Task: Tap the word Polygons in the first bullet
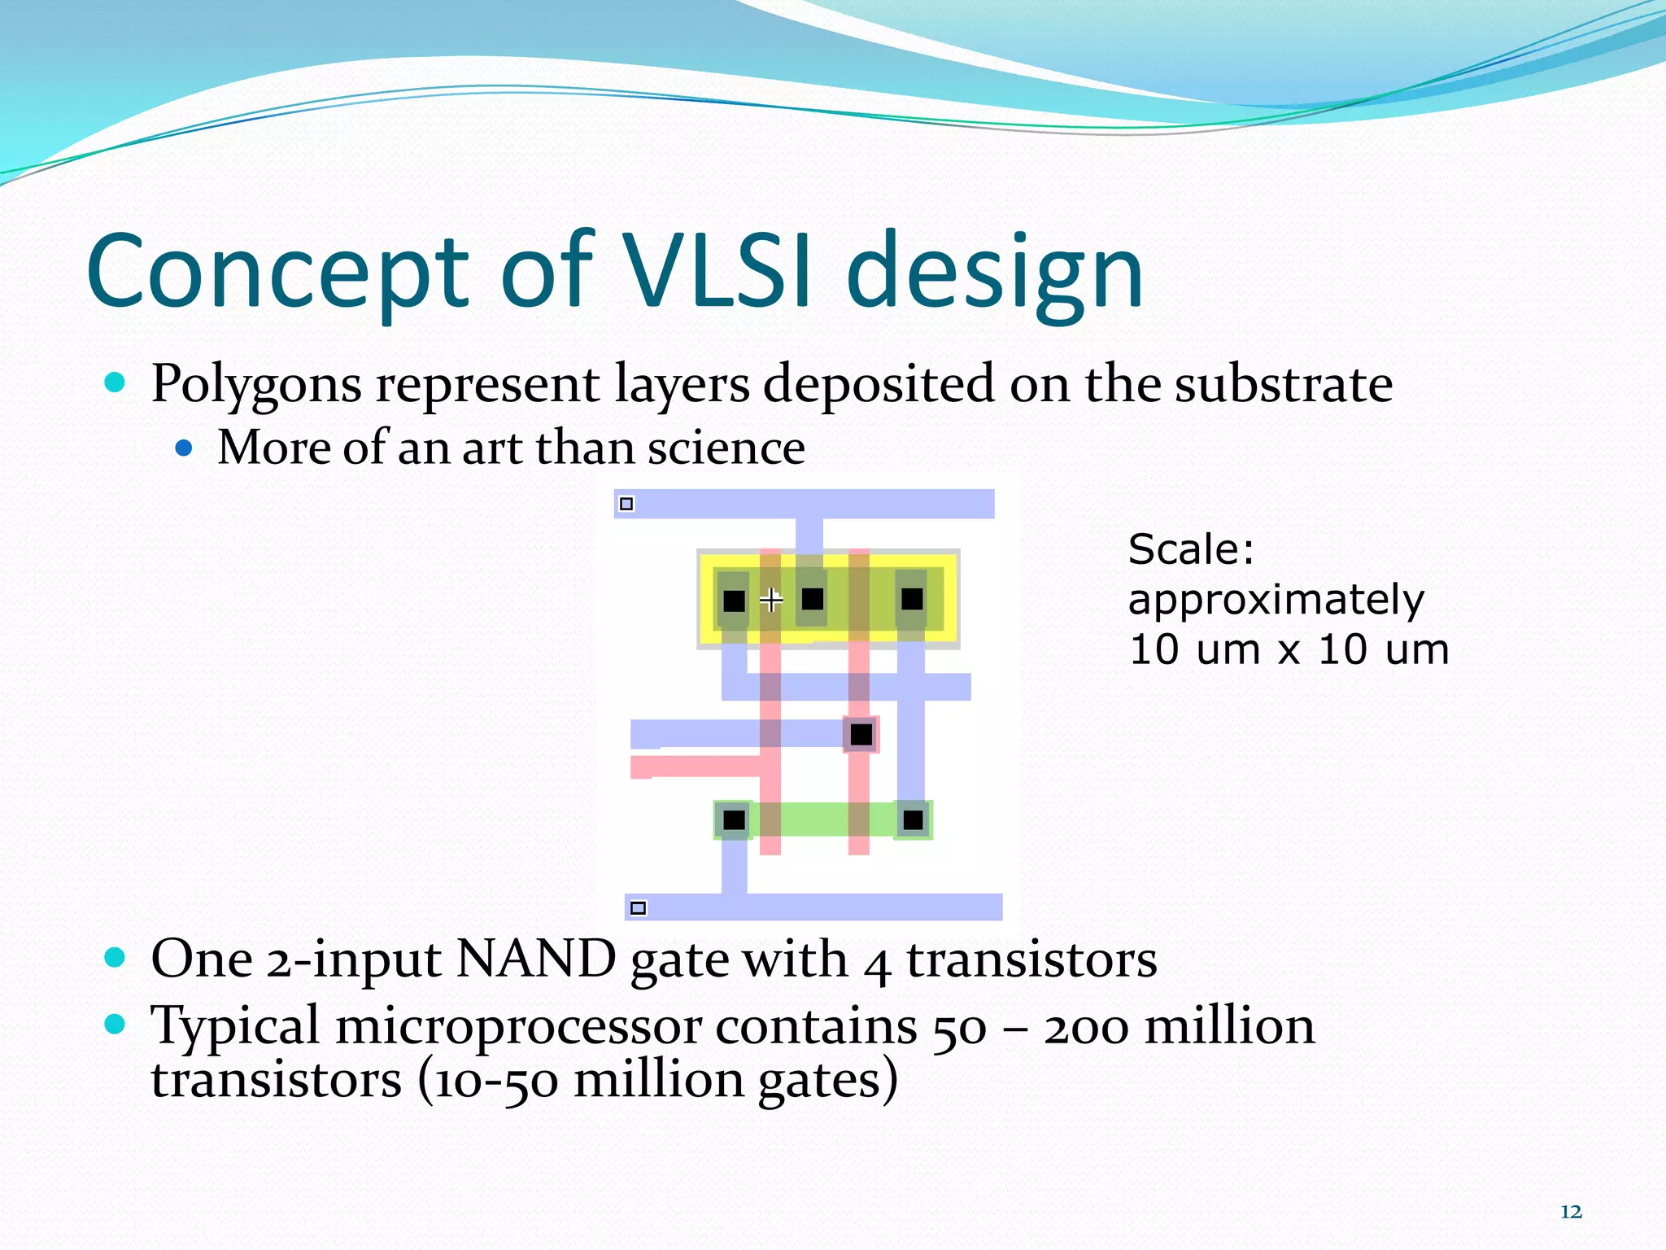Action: coord(256,384)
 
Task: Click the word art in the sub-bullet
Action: coord(491,448)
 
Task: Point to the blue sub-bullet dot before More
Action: coord(185,448)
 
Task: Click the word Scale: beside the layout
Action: coord(1191,549)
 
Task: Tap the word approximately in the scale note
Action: coord(1276,601)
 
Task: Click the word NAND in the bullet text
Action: coord(536,959)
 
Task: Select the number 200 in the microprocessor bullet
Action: coord(1087,1027)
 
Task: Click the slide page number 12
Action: coord(1571,1212)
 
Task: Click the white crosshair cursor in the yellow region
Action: coord(771,601)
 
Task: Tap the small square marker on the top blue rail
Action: coord(626,504)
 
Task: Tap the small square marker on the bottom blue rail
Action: coord(639,907)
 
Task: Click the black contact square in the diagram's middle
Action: coord(861,735)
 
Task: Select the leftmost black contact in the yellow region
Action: coord(734,601)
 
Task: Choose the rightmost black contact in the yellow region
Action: coord(912,600)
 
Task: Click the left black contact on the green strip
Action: coord(734,819)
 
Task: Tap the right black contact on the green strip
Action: coord(913,819)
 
